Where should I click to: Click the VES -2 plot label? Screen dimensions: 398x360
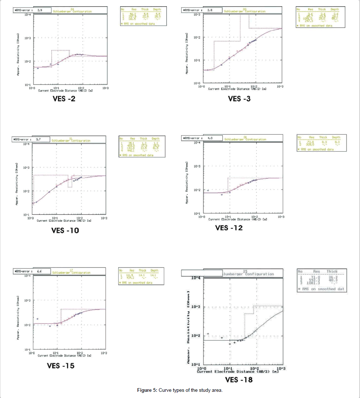[61, 99]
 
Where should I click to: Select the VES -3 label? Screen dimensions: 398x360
[239, 99]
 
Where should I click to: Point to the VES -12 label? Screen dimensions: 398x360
[229, 228]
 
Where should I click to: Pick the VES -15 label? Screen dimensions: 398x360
[61, 366]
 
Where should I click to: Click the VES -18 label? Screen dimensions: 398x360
[239, 380]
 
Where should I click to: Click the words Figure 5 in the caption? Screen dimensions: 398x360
[147, 390]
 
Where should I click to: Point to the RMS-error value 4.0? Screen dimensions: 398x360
[210, 138]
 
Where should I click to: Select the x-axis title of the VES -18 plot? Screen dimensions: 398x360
[237, 371]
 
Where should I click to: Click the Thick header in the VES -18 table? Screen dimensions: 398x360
[332, 272]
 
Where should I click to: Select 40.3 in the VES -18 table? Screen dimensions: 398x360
[332, 280]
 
